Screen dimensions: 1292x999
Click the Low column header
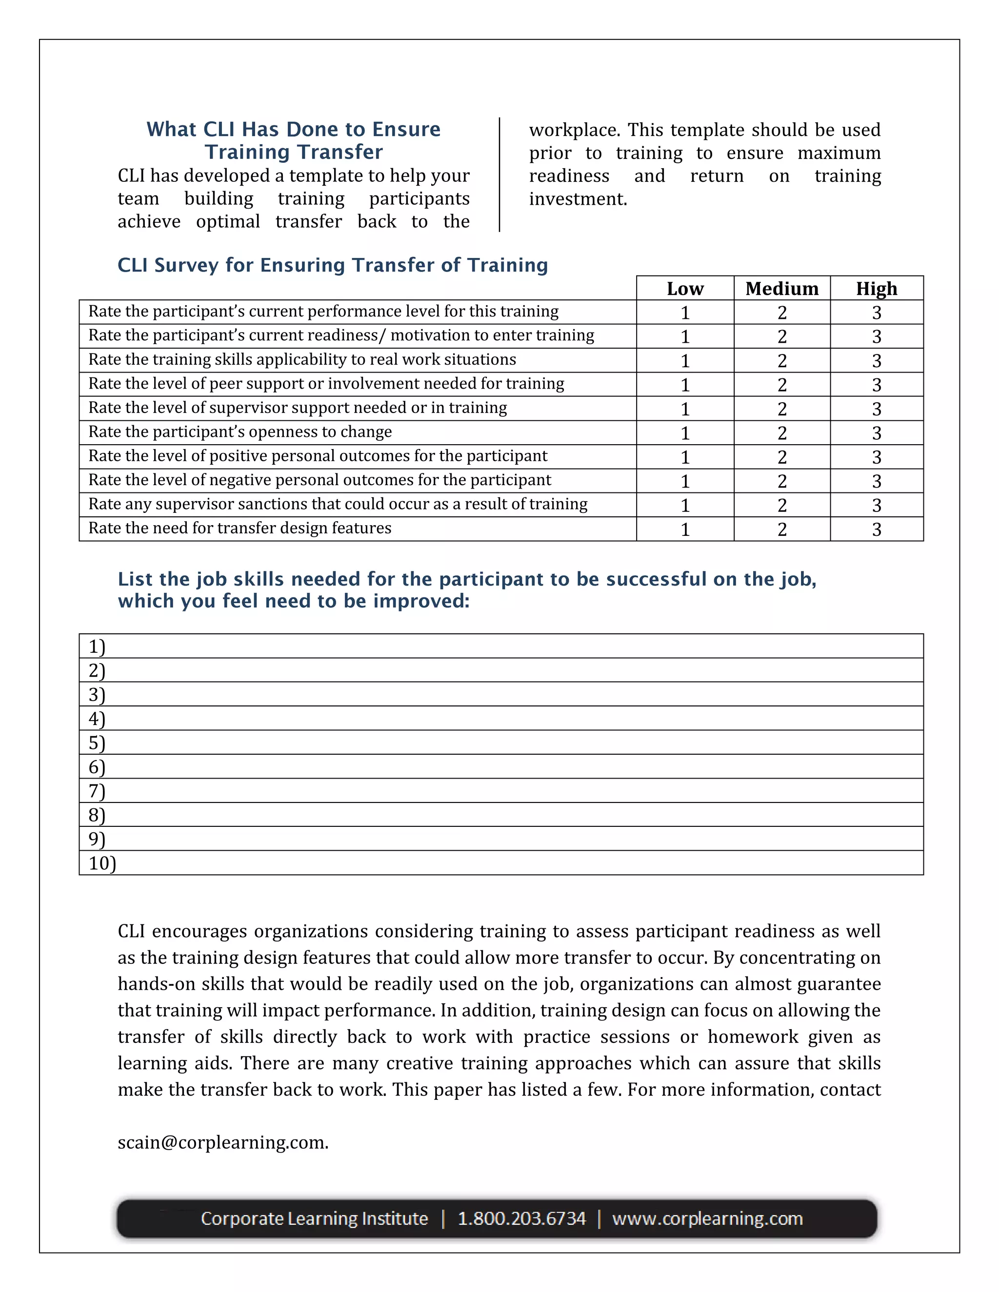[685, 289]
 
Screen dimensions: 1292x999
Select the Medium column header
[781, 289]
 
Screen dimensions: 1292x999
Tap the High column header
[876, 289]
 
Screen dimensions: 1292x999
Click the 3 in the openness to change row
[877, 433]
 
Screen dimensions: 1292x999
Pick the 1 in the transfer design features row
[685, 529]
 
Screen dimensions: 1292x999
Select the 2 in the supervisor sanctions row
[781, 505]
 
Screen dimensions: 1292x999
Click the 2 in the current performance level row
[781, 313]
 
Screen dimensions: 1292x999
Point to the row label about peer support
[326, 384]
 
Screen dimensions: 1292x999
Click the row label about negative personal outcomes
[320, 480]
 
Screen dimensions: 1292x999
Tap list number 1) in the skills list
[97, 646]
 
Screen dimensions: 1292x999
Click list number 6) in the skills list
[97, 767]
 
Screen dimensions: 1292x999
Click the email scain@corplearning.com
[222, 1142]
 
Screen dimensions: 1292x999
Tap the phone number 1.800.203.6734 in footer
[521, 1219]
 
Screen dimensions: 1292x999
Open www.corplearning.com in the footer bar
[707, 1219]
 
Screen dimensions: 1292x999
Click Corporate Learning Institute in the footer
[314, 1219]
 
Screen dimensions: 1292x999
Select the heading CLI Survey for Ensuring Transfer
[332, 265]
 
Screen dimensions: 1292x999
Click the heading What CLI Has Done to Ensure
[294, 130]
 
